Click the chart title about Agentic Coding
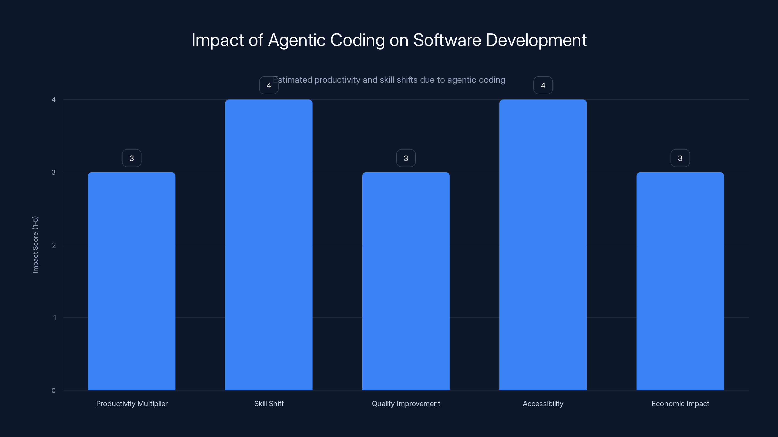point(389,40)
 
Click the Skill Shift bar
point(269,244)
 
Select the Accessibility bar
point(543,244)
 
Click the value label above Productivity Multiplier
point(132,158)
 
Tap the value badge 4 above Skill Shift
point(269,85)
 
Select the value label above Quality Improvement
point(406,158)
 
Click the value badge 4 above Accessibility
point(543,85)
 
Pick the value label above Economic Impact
point(680,158)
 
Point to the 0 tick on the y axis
point(53,391)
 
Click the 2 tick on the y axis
point(54,245)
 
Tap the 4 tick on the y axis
point(53,100)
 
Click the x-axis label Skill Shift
point(269,403)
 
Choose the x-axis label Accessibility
point(543,403)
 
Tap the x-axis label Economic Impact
point(680,403)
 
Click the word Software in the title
point(447,40)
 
